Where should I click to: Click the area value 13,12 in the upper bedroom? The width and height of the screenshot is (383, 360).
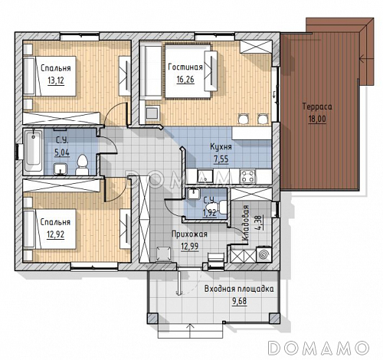(x=56, y=80)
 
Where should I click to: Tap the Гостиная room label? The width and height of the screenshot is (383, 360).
(x=185, y=67)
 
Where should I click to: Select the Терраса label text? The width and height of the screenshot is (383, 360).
(x=317, y=106)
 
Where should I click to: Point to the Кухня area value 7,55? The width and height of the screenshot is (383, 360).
(x=221, y=159)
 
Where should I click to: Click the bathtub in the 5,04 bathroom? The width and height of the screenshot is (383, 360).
(x=33, y=150)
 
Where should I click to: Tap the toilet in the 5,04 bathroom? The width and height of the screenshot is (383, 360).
(x=82, y=165)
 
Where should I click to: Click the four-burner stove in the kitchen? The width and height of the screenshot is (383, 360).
(x=247, y=176)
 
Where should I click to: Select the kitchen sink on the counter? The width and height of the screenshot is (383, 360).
(x=205, y=176)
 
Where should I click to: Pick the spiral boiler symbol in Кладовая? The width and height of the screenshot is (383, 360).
(x=263, y=254)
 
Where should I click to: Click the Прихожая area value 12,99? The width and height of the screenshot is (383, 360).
(x=190, y=247)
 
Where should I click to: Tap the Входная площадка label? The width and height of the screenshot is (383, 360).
(x=239, y=289)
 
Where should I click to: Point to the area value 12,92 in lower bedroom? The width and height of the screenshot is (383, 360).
(x=56, y=234)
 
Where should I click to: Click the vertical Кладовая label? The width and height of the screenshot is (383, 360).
(x=245, y=223)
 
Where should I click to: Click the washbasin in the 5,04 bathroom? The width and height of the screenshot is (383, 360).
(x=61, y=169)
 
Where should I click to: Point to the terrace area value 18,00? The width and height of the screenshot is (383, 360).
(x=317, y=119)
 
